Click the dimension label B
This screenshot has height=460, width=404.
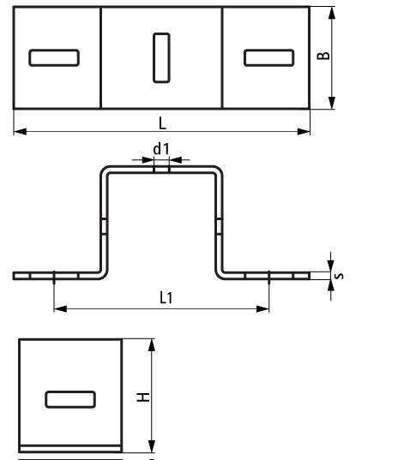323,56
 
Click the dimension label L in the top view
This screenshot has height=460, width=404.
162,123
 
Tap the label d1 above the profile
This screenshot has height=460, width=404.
161,149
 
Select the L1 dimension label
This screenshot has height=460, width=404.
166,297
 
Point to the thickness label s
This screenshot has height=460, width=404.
340,276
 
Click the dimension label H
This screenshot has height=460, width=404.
143,397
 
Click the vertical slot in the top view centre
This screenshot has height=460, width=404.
161,57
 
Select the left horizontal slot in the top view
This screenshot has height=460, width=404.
54,57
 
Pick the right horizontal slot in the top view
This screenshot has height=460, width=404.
269,57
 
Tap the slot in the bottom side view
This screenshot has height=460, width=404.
70,399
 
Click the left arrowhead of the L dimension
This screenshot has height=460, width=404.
21,131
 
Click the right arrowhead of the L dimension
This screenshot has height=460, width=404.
304,131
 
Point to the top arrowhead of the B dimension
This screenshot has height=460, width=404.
332,13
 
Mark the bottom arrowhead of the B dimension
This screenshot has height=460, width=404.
332,103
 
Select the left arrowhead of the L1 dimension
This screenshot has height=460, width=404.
61,308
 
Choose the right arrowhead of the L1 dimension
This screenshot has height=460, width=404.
262,308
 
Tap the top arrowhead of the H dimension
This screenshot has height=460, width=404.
152,345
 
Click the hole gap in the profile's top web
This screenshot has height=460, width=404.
161,170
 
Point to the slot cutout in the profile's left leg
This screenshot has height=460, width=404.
104,226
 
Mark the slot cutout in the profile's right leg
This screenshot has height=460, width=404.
220,226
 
